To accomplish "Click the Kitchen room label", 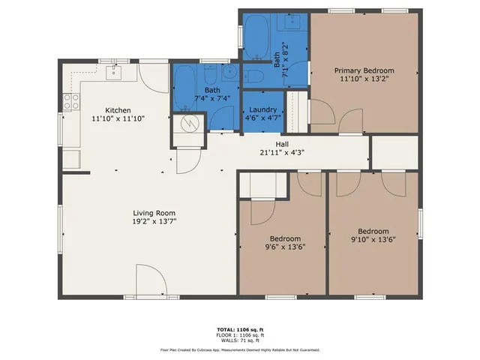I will coord(118,109).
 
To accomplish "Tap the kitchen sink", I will coord(115,72).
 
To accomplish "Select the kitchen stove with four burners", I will coord(72,102).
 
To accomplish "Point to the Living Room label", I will coord(154,213).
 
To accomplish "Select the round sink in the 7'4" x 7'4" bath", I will coord(230,73).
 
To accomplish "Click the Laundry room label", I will coord(262,109).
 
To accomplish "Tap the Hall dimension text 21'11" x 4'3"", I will coord(281,151).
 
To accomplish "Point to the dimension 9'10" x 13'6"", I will coord(373,240).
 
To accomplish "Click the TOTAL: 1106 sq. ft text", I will coord(240,328).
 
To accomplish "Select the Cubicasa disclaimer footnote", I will coord(240,349).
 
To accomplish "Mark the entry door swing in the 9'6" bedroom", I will coord(262,213).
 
